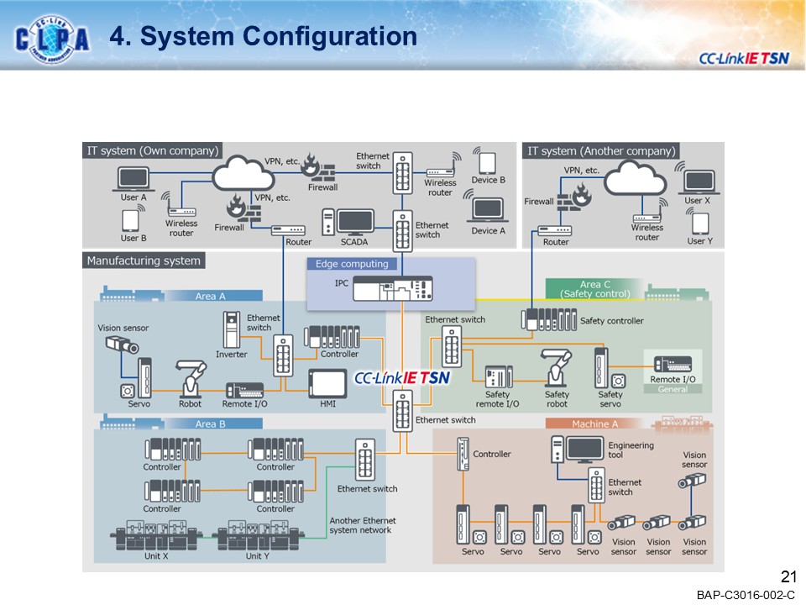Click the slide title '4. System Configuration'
coord(264,37)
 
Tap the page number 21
coord(788,576)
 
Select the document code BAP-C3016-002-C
coord(746,595)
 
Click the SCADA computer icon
coord(353,223)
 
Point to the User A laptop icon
coord(133,179)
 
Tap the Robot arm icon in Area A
coord(191,377)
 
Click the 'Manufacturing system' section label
coord(144,260)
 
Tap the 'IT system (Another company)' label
coord(601,151)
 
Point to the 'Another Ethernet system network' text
coord(362,525)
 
